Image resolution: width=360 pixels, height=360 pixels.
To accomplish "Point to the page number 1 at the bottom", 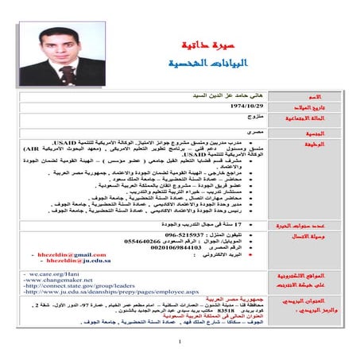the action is click(180, 343).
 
